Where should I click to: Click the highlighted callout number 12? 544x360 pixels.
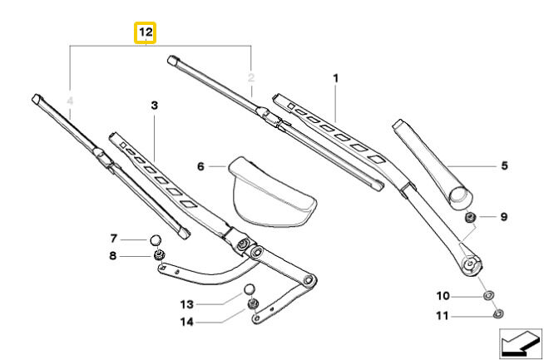[146, 32]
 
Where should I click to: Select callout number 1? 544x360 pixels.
[336, 79]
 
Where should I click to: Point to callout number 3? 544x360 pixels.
[70, 102]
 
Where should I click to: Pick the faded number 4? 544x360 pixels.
[504, 166]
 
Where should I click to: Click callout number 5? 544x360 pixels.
[200, 166]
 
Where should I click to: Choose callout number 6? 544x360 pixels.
[114, 239]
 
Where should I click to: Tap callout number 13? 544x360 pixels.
[187, 321]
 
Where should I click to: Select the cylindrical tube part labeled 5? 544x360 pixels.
[155, 240]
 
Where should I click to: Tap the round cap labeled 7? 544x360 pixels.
[470, 218]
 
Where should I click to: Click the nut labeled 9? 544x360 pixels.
[488, 295]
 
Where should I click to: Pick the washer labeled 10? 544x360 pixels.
[498, 313]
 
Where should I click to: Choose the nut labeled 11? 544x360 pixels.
[249, 289]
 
